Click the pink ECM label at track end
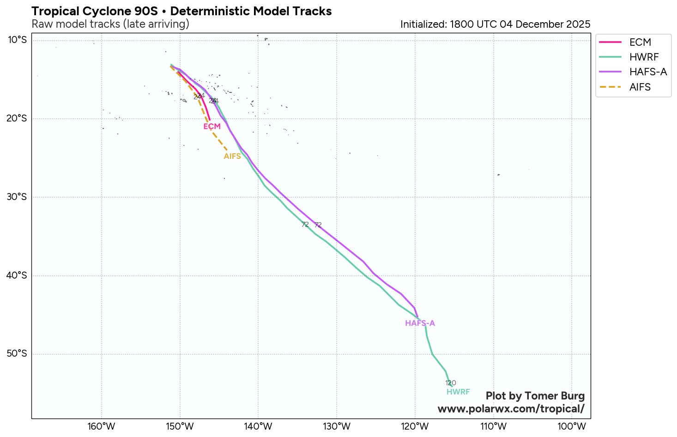(x=212, y=127)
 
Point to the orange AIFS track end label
(x=232, y=156)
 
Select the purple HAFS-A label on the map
(x=420, y=323)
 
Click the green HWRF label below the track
(x=458, y=392)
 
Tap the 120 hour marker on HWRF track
(x=451, y=383)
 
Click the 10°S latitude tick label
(x=18, y=40)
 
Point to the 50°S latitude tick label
(x=18, y=354)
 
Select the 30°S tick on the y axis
(x=18, y=197)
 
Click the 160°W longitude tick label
(x=102, y=426)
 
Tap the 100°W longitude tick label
(x=572, y=426)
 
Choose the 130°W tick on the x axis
(x=337, y=426)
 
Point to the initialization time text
(x=495, y=24)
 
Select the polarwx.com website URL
(x=511, y=409)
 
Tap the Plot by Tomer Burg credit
(x=535, y=396)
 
